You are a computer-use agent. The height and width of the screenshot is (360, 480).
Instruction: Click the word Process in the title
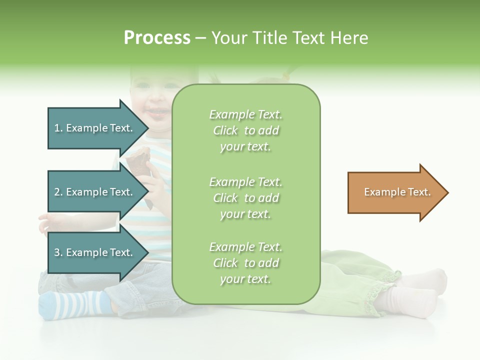157,38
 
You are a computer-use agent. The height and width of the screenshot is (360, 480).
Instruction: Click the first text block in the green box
246,130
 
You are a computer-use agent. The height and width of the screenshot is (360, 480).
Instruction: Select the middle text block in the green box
246,198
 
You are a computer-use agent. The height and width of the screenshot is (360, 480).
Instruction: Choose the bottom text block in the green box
246,263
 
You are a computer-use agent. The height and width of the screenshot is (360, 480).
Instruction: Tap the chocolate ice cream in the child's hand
137,160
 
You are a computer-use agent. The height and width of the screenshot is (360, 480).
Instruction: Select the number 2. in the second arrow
58,192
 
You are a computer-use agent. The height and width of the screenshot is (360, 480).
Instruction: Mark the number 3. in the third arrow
58,252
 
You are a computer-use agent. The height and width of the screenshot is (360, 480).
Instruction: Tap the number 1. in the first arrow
58,128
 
